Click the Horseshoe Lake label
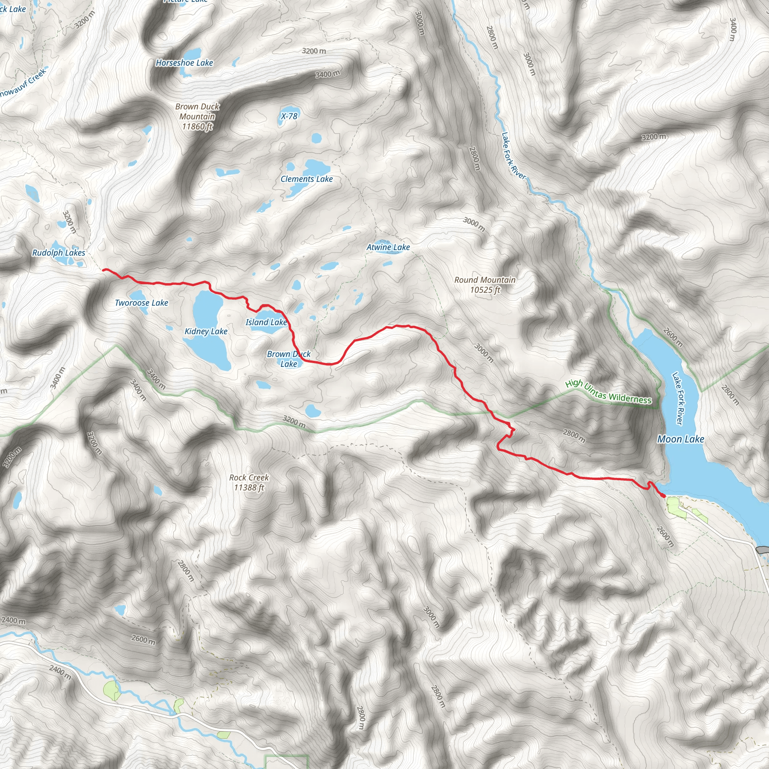pyautogui.click(x=184, y=63)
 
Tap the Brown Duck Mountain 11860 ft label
pyautogui.click(x=198, y=117)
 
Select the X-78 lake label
pyautogui.click(x=289, y=116)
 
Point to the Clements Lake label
pyautogui.click(x=306, y=179)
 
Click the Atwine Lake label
pyautogui.click(x=388, y=247)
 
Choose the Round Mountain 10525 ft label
pyautogui.click(x=485, y=285)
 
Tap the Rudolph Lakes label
pyautogui.click(x=59, y=253)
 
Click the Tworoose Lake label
pyautogui.click(x=141, y=303)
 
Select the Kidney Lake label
pyautogui.click(x=206, y=331)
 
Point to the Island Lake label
pyautogui.click(x=266, y=323)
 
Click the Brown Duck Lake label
pyautogui.click(x=289, y=359)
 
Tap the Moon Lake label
pyautogui.click(x=681, y=439)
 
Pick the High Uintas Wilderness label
pyautogui.click(x=609, y=392)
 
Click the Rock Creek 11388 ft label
pyautogui.click(x=249, y=483)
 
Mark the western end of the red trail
pyautogui.click(x=104, y=270)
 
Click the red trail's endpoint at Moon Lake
pyautogui.click(x=663, y=496)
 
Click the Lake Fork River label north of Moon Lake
pyautogui.click(x=513, y=155)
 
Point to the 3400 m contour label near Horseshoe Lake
pyautogui.click(x=327, y=74)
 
